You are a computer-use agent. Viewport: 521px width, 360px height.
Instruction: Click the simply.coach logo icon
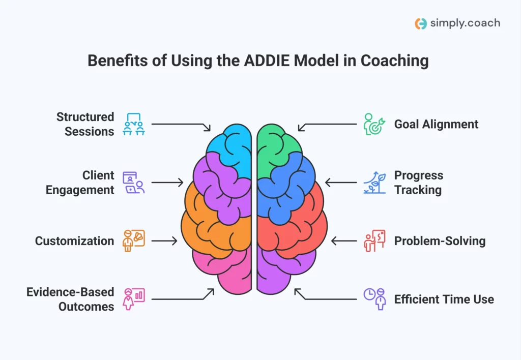(421, 23)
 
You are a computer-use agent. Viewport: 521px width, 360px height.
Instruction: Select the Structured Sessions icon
(134, 124)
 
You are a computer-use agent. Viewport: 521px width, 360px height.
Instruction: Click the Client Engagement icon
(134, 183)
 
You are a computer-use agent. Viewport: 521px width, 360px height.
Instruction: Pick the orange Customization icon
(134, 241)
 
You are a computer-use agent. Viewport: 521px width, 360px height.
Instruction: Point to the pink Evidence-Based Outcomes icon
(134, 299)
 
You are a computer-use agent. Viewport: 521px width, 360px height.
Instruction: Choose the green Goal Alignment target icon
(374, 124)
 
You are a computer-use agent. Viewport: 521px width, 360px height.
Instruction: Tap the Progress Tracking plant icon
(374, 183)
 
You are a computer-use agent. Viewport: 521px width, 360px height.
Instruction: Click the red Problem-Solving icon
(374, 241)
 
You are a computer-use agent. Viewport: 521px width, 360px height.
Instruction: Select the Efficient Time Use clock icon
(374, 299)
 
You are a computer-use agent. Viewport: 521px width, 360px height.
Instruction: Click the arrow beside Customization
(164, 241)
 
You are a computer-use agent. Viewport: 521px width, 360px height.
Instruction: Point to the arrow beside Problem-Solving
(344, 241)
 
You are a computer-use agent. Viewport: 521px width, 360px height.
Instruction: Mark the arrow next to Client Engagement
(167, 183)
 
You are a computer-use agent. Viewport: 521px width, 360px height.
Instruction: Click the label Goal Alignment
(436, 124)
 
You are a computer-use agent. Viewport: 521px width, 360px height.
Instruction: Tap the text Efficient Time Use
(444, 299)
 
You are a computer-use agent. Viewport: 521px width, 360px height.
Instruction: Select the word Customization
(74, 241)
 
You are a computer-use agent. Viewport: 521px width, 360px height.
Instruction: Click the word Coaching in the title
(395, 61)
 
